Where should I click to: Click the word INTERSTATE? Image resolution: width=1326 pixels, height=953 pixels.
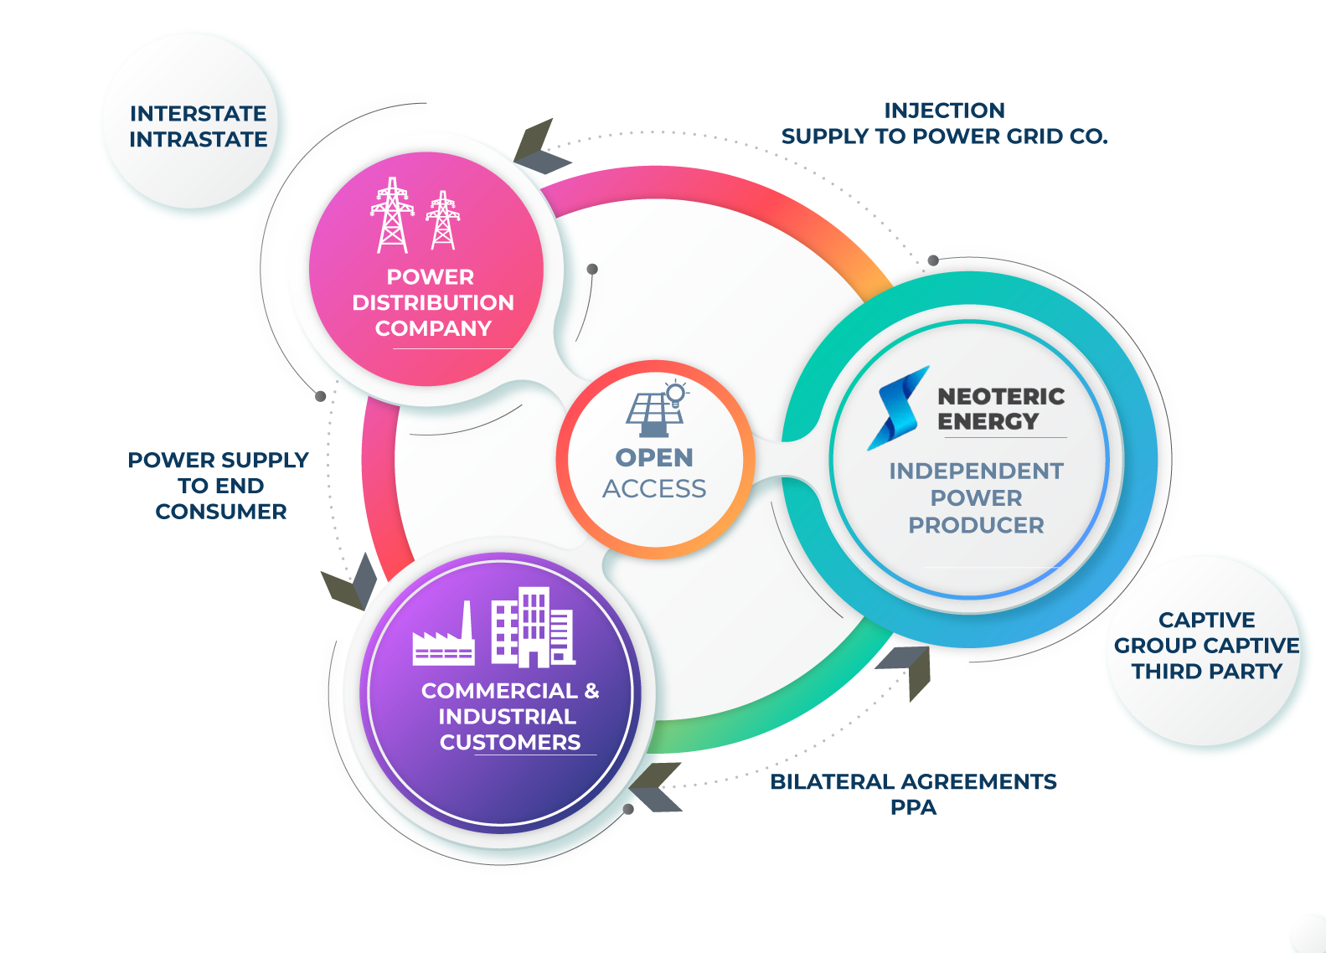pyautogui.click(x=198, y=113)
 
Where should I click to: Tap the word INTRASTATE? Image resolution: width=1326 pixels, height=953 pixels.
pyautogui.click(x=198, y=139)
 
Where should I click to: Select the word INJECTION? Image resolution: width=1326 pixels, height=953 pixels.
pyautogui.click(x=944, y=111)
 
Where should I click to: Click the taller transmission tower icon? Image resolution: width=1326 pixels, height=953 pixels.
pyautogui.click(x=392, y=215)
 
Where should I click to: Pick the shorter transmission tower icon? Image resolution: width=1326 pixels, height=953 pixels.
pyautogui.click(x=442, y=221)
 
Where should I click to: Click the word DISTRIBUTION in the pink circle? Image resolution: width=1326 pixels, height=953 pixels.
pyautogui.click(x=432, y=302)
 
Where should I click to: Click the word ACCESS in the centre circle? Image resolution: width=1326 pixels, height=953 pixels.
pyautogui.click(x=654, y=488)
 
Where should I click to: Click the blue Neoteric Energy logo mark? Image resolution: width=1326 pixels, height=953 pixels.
pyautogui.click(x=899, y=407)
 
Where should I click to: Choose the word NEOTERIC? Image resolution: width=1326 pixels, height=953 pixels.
pyautogui.click(x=1001, y=396)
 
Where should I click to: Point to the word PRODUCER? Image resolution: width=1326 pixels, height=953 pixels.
pyautogui.click(x=976, y=525)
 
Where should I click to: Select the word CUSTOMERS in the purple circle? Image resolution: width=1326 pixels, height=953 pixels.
pyautogui.click(x=509, y=742)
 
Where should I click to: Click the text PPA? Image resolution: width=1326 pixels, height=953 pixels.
pyautogui.click(x=913, y=807)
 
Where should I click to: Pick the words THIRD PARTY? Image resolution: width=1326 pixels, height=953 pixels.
pyautogui.click(x=1206, y=672)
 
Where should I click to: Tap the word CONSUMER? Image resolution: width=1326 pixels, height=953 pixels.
pyautogui.click(x=221, y=512)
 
